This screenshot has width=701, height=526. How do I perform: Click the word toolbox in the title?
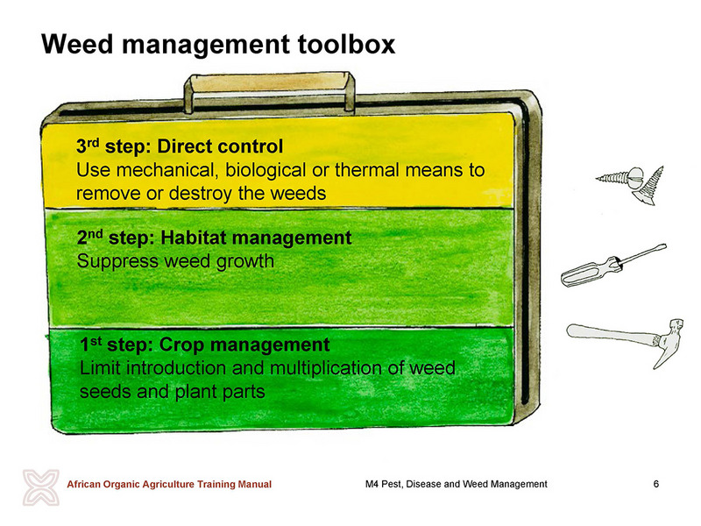tap(347, 45)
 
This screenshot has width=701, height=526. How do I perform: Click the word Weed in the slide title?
tap(77, 45)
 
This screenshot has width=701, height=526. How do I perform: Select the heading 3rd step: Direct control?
tap(180, 146)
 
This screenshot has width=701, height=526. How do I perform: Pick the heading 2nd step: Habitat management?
tap(214, 238)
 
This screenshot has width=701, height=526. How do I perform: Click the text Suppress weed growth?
tap(175, 261)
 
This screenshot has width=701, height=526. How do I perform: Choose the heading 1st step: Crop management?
tap(205, 345)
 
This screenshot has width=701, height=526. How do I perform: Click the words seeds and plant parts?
tap(172, 392)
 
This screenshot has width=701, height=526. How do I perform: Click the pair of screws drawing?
tap(630, 183)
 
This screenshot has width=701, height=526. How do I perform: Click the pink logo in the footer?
tap(40, 487)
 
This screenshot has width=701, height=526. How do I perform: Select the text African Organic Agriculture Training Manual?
tap(169, 484)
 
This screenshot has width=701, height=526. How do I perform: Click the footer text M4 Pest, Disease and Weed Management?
tap(456, 484)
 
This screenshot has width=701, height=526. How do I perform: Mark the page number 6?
tap(655, 484)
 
